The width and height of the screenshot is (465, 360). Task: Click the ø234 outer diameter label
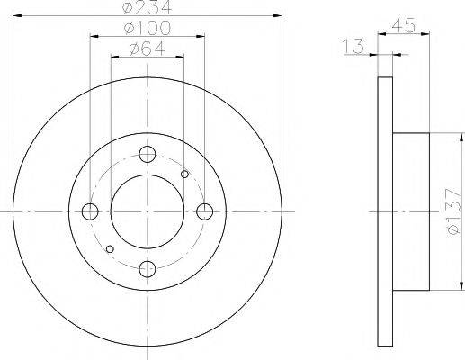pyautogui.click(x=147, y=8)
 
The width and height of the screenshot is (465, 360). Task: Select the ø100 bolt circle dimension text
pyautogui.click(x=147, y=30)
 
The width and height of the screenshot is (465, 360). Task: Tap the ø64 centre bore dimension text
pyautogui.click(x=147, y=49)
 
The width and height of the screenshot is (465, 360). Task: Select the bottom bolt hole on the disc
pyautogui.click(x=147, y=267)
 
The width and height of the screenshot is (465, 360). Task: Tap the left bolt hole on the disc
pyautogui.click(x=90, y=211)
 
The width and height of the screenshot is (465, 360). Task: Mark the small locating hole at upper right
pyautogui.click(x=184, y=175)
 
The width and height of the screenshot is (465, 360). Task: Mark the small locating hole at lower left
pyautogui.click(x=110, y=248)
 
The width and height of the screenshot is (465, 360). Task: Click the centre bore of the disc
pyautogui.click(x=147, y=211)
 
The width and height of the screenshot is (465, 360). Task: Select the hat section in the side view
pyautogui.click(x=412, y=211)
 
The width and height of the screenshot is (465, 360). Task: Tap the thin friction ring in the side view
pyautogui.click(x=385, y=211)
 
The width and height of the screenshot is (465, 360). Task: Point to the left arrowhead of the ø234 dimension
pyautogui.click(x=17, y=17)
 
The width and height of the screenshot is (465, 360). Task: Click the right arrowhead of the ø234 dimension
pyautogui.click(x=278, y=17)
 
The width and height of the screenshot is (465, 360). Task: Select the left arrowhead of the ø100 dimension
pyautogui.click(x=94, y=37)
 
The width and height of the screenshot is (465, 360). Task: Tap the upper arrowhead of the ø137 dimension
pyautogui.click(x=447, y=138)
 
